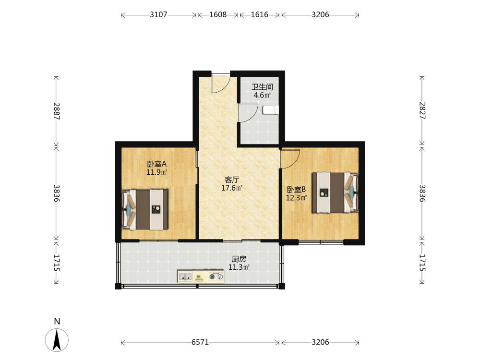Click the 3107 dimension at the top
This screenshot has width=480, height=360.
158,14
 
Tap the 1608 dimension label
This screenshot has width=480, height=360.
217,14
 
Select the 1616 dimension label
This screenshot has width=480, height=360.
259,14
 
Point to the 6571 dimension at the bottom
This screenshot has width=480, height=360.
200,342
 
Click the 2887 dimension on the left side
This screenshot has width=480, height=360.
57,111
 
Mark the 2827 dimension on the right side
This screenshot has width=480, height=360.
422,110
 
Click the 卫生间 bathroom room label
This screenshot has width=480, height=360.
263,87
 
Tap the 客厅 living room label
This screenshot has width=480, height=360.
232,180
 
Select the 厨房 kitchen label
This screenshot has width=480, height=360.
239,259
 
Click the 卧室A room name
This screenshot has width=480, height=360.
157,164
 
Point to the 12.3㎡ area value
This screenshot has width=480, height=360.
296,198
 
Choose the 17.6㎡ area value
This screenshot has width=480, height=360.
232,188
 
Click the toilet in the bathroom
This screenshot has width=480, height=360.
271,110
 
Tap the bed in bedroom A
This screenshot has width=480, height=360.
145,209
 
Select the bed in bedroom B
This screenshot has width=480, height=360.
335,192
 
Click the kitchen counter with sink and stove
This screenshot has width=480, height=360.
201,277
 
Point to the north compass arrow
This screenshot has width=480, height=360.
57,340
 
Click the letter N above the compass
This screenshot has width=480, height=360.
57,322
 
